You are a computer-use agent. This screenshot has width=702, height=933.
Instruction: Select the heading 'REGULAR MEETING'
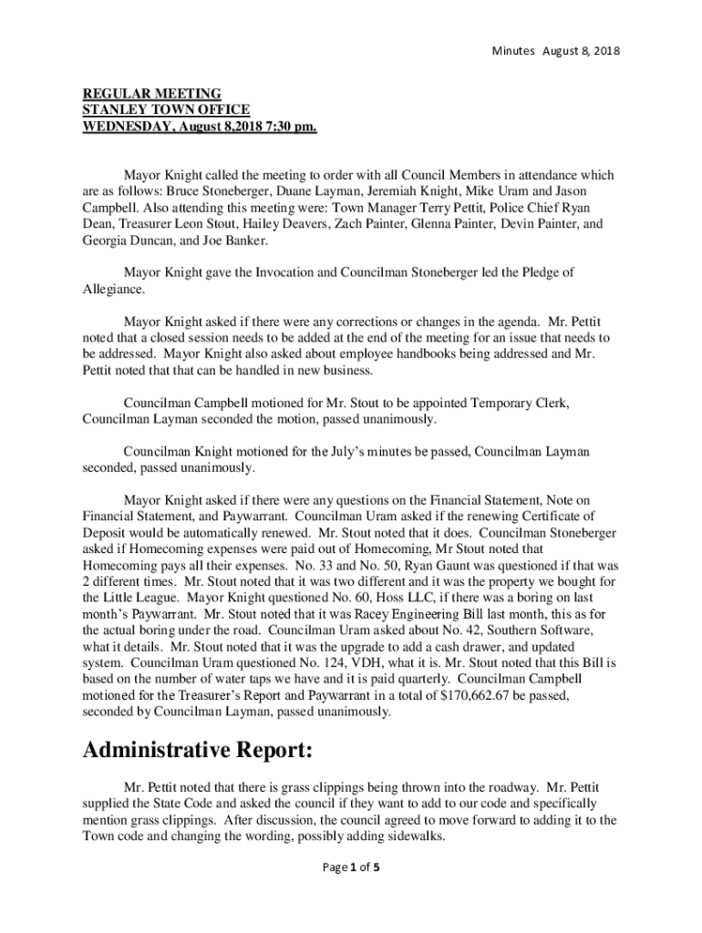(152, 94)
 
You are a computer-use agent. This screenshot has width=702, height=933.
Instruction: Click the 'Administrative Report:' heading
(198, 752)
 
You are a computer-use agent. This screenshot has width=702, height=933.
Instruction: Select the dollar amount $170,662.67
(472, 696)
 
